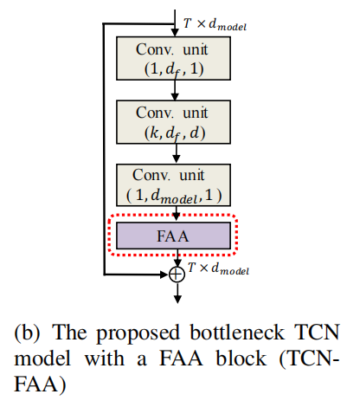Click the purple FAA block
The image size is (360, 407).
click(x=176, y=235)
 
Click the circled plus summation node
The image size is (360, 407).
click(x=177, y=275)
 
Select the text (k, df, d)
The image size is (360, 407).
click(x=176, y=132)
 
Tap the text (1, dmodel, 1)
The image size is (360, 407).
click(x=176, y=193)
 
